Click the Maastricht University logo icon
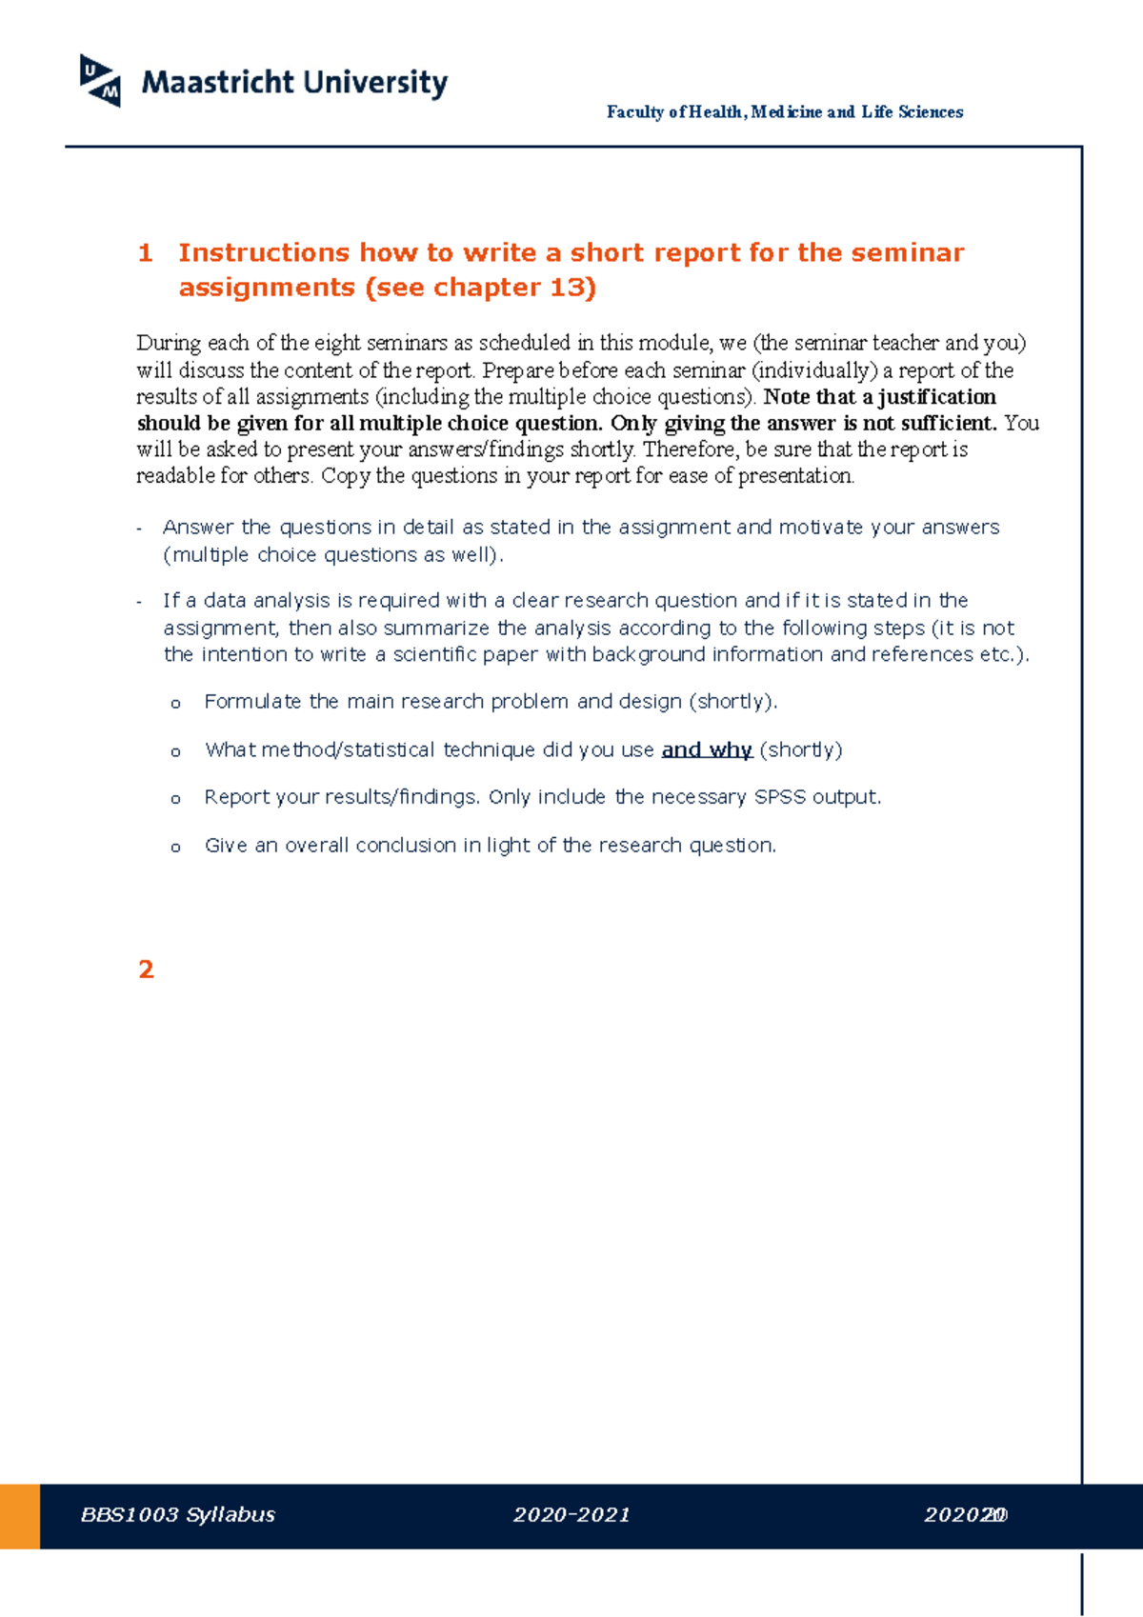(x=100, y=81)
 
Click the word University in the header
(x=374, y=83)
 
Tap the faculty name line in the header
(x=784, y=112)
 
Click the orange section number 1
(x=145, y=253)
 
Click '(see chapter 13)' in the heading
(x=480, y=288)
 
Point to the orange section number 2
(x=146, y=969)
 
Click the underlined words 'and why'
(x=707, y=750)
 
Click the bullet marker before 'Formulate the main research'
(x=175, y=705)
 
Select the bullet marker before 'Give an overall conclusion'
(x=175, y=848)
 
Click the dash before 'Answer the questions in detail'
(x=140, y=529)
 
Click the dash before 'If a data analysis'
(x=140, y=602)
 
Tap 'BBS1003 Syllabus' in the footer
(x=178, y=1515)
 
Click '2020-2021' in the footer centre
(x=571, y=1515)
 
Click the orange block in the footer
(x=19, y=1516)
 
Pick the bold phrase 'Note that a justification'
(x=879, y=397)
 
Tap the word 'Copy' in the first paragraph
(x=345, y=476)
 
